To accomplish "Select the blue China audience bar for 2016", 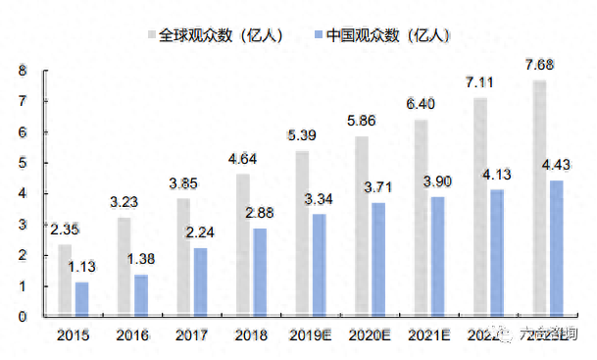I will (x=141, y=295).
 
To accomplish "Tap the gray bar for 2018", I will (x=243, y=245).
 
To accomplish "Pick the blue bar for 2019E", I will (x=319, y=265).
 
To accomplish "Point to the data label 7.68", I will (x=541, y=65).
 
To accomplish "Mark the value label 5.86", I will (x=362, y=122).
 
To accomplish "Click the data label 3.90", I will (x=437, y=181).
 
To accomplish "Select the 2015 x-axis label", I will (x=75, y=334).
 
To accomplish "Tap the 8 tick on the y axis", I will (x=21, y=71).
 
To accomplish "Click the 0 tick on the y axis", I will (x=21, y=317).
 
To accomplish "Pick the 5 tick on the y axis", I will (x=21, y=163).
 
